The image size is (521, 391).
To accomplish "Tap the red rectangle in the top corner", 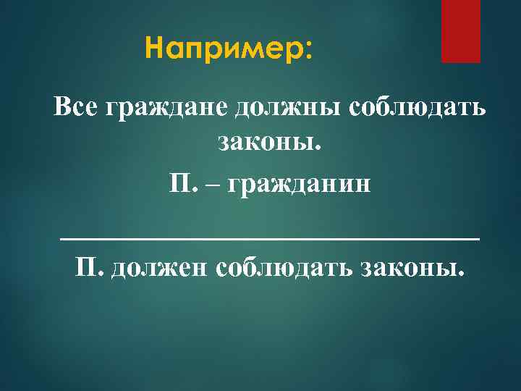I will pyautogui.click(x=461, y=31).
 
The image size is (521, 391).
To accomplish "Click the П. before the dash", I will pyautogui.click(x=182, y=182).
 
